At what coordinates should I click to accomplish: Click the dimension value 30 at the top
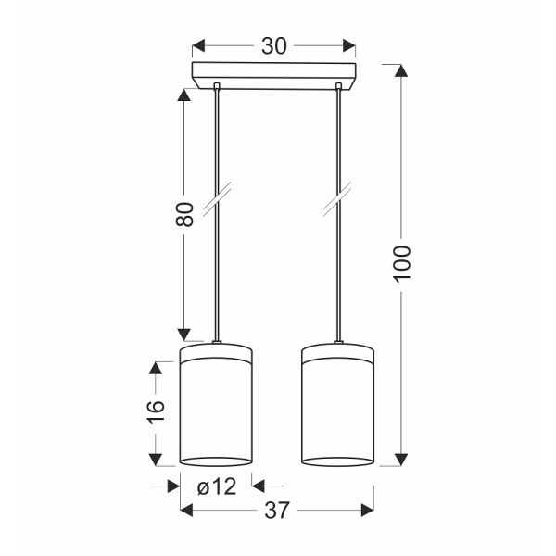pyautogui.click(x=273, y=46)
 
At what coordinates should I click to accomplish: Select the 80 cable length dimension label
pyautogui.click(x=184, y=214)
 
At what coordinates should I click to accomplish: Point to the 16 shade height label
pyautogui.click(x=156, y=411)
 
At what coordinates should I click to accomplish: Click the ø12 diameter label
pyautogui.click(x=217, y=486)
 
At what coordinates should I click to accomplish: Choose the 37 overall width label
pyautogui.click(x=277, y=511)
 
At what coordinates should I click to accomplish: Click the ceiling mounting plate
pyautogui.click(x=273, y=76)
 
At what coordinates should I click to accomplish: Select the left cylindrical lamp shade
pyautogui.click(x=216, y=404)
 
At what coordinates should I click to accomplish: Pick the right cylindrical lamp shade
pyautogui.click(x=337, y=404)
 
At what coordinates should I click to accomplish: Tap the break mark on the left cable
pyautogui.click(x=217, y=199)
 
